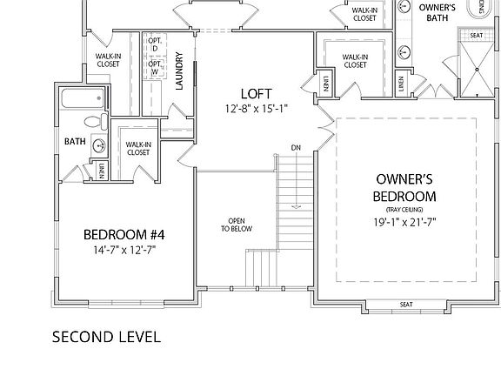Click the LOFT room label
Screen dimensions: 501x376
coord(257,94)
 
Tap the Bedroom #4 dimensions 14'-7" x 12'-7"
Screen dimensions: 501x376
coord(124,250)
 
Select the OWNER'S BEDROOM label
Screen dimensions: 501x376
coord(404,188)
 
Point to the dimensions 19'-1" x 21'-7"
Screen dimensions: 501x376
coord(404,222)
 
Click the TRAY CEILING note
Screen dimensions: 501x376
coord(404,210)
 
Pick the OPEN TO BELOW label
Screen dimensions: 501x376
coord(237,225)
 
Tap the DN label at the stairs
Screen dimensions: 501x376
coord(296,148)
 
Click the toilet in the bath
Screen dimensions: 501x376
coord(96,122)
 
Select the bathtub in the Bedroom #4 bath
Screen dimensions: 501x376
coord(83,98)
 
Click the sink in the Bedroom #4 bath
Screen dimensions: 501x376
coord(99,146)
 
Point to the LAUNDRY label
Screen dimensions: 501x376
coord(179,71)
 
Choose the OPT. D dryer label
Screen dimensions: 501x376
coord(155,44)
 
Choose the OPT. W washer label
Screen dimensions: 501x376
coord(155,68)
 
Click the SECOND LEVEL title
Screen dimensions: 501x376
coord(106,337)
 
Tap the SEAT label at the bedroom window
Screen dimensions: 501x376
coord(406,305)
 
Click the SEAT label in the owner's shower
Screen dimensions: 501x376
coord(476,35)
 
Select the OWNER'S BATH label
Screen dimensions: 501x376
coord(438,12)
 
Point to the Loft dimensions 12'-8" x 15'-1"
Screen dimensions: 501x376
coord(257,109)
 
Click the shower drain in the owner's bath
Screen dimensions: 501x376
coord(477,70)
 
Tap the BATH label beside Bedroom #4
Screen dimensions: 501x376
coord(75,141)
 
